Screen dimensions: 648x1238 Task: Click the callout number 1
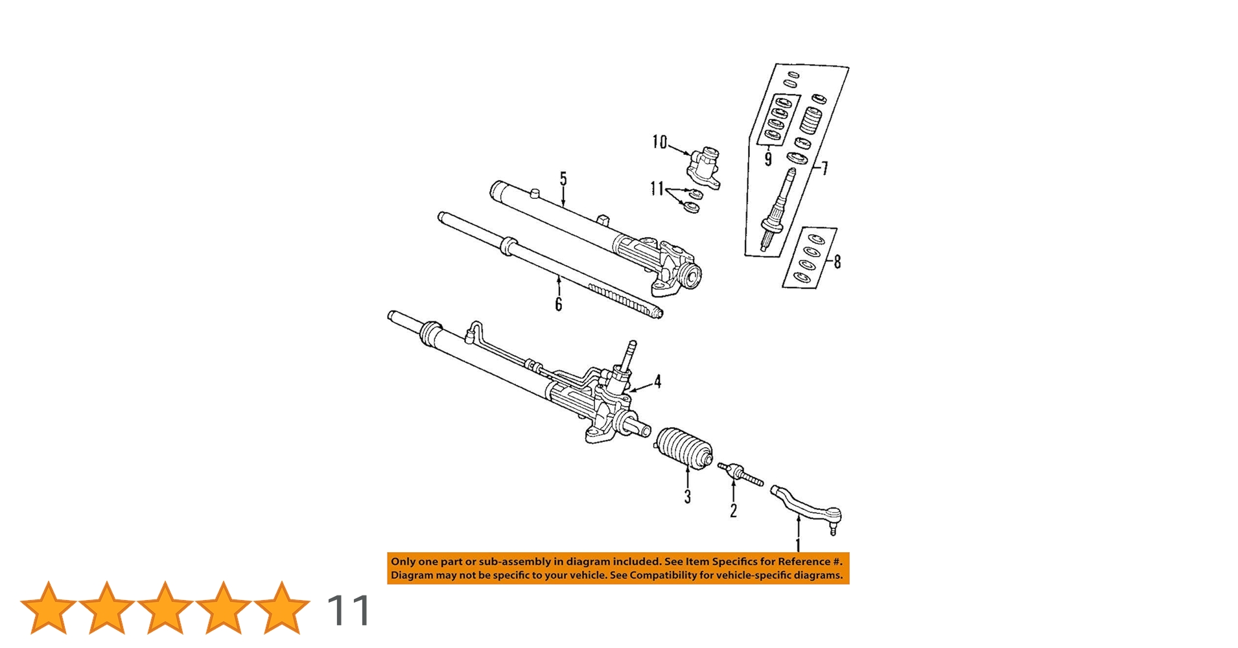click(x=798, y=545)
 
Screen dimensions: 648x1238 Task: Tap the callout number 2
click(x=733, y=511)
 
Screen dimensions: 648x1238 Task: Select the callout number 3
click(x=687, y=496)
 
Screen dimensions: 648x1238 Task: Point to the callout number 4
click(x=657, y=381)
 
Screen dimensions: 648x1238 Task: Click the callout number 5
click(x=563, y=179)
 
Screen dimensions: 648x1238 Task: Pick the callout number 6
click(x=558, y=304)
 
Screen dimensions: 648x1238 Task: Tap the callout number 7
click(x=824, y=168)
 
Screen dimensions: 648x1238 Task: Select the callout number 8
click(x=837, y=262)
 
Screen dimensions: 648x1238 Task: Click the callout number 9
click(x=768, y=159)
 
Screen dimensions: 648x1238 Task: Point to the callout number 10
click(x=659, y=142)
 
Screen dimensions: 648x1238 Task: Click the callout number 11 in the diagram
click(x=657, y=189)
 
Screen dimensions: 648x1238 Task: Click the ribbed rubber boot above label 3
click(x=684, y=447)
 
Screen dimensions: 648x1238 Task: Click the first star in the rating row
click(x=48, y=608)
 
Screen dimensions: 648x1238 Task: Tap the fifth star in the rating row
click(x=281, y=608)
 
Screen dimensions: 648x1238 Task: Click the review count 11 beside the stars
click(x=349, y=610)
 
